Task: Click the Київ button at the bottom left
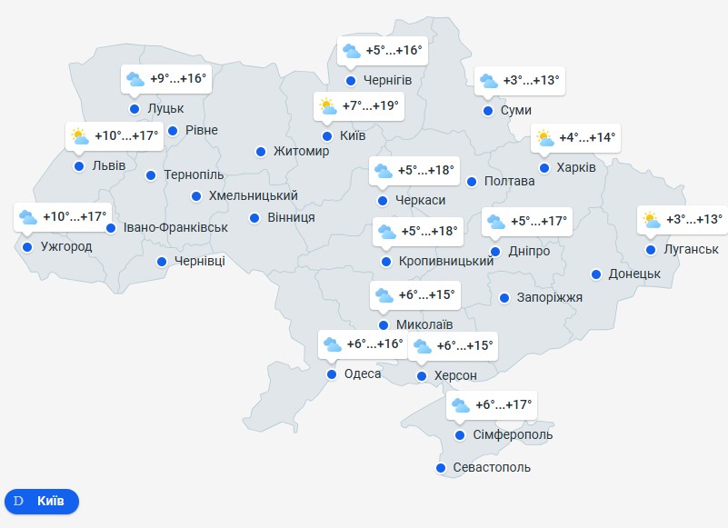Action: [42, 501]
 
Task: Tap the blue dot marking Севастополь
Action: [441, 468]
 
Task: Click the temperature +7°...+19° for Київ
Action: [371, 106]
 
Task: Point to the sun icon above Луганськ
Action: [651, 219]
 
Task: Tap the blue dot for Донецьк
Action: [596, 274]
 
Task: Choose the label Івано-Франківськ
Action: [175, 227]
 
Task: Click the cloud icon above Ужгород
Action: [28, 217]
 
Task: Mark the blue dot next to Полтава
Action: [472, 181]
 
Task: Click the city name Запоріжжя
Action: [549, 297]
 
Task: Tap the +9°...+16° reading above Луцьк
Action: [179, 79]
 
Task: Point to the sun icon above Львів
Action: [80, 137]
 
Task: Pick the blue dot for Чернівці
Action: [162, 262]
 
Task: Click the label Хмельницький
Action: [254, 195]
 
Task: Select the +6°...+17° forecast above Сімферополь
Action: [504, 405]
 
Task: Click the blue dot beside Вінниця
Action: [254, 217]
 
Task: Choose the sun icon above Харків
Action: [544, 138]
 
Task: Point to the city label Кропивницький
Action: [446, 261]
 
